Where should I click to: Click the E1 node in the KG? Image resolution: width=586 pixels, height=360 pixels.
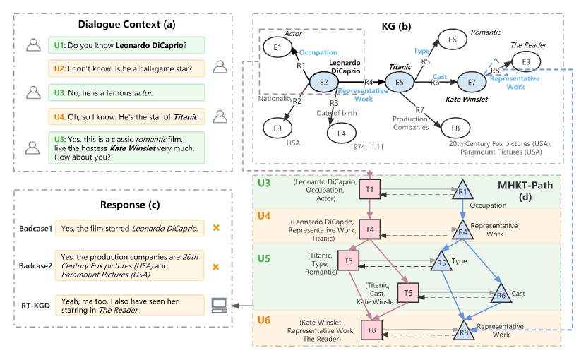coord(277,47)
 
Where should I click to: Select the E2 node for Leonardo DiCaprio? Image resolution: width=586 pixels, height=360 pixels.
coord(323,83)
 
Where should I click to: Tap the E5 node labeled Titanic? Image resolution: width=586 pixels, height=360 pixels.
coord(399,83)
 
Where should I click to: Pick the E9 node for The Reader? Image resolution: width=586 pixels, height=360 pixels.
coord(525,62)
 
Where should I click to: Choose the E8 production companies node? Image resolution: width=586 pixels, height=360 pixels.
coord(455,128)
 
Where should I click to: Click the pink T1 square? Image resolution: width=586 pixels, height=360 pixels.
coord(370,190)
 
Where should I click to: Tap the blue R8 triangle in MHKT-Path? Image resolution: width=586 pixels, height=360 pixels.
coord(463,328)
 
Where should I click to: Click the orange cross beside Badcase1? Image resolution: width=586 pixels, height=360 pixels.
coord(216,228)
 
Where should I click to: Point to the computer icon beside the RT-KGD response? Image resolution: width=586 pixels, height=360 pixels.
coord(220,305)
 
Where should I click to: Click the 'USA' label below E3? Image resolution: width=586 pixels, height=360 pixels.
coord(293,141)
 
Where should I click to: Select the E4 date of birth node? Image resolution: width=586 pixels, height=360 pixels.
coord(342,131)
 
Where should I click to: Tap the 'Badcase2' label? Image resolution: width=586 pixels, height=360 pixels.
coord(39,267)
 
